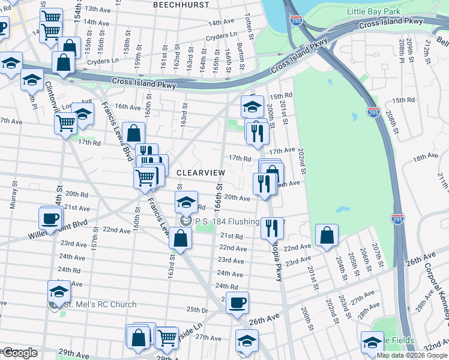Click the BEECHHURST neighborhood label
coord(181,5)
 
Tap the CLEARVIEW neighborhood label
coord(200,172)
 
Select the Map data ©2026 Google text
coord(412,355)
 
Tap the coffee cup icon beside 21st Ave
coord(51,218)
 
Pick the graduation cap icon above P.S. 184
coord(187,202)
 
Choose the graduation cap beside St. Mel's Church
coord(59,291)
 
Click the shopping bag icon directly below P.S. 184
coord(180,238)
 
